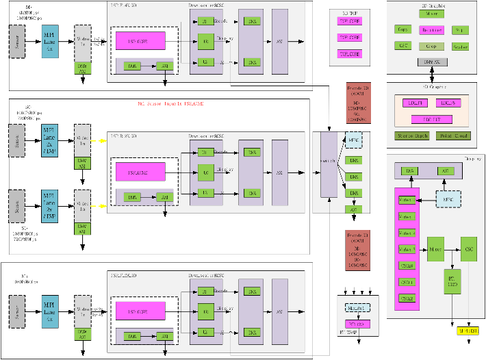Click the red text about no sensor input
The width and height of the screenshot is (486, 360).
171,104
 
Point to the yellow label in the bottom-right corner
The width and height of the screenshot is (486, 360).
468,331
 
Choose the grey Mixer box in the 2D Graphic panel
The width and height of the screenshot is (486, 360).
432,12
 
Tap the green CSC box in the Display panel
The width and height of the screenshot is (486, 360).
468,246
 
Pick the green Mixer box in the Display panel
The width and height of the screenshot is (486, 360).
436,246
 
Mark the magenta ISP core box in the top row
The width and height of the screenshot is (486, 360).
140,40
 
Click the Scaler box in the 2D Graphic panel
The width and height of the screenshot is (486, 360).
461,47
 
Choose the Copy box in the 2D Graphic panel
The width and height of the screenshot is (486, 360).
404,30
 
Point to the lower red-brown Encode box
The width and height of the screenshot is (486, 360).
359,248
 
